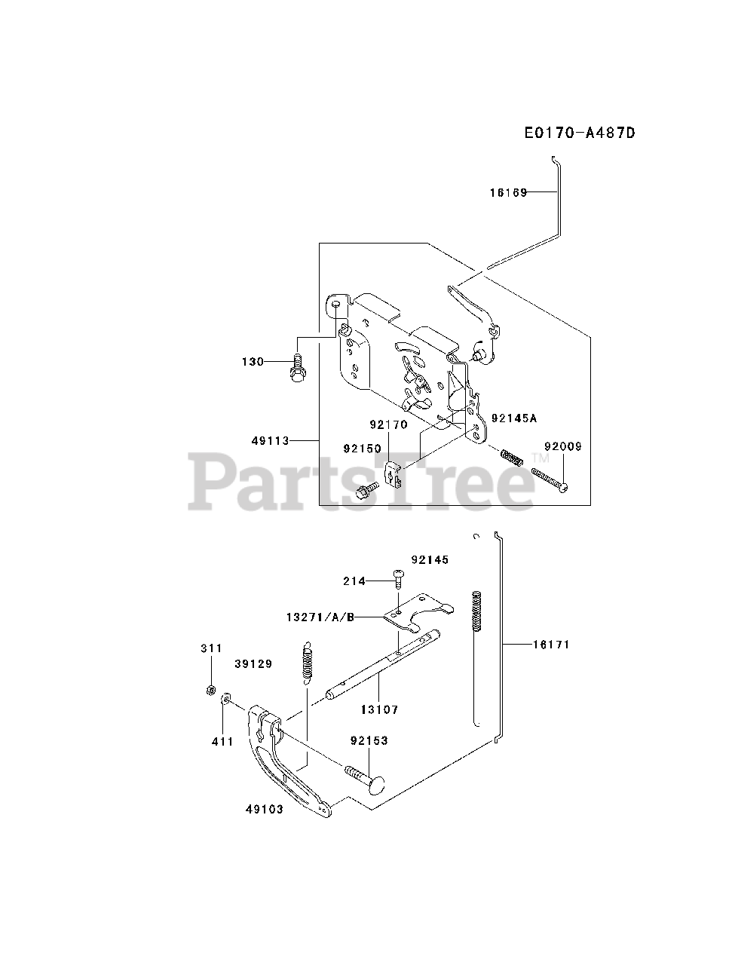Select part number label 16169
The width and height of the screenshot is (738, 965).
pos(507,192)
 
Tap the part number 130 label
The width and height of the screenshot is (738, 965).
pos(253,362)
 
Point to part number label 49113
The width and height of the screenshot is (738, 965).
pos(271,441)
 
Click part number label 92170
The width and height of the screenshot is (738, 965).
pos(388,424)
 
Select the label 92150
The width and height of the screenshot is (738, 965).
pos(362,449)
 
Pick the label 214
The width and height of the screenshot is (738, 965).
pos(354,581)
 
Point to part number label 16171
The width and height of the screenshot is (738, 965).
pos(551,645)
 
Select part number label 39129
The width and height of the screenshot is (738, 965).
pos(253,664)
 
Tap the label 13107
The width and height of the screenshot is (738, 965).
pos(379,709)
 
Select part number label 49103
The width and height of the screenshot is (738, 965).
pos(264,810)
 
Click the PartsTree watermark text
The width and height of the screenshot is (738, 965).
pos(362,480)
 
